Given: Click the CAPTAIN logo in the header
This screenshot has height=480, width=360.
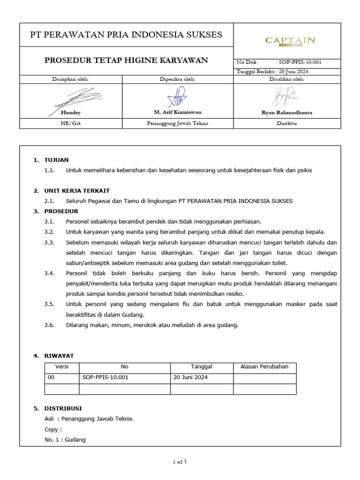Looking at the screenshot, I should click(x=290, y=41).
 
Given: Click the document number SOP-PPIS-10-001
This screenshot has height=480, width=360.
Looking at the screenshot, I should click(x=299, y=62).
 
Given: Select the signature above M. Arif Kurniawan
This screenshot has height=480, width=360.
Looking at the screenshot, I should click(x=177, y=97).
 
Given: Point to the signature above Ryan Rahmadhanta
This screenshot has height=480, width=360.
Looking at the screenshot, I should click(x=284, y=97).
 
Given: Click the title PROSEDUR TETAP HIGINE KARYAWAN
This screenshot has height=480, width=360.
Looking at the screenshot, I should click(x=126, y=60).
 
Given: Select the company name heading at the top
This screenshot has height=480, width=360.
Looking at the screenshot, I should click(x=126, y=35).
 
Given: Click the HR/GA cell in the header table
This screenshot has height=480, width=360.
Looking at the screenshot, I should click(x=71, y=123).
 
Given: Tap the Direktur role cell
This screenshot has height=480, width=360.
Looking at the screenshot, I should click(x=287, y=123).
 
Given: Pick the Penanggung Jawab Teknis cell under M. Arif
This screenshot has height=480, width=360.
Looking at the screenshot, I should click(x=177, y=123).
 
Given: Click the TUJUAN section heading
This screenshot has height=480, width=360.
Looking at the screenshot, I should click(x=56, y=160).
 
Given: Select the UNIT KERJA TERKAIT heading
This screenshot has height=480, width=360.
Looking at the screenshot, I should click(x=77, y=191).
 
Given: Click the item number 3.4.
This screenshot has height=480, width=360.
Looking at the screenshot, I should click(x=49, y=273).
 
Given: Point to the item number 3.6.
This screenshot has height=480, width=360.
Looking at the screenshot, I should click(x=49, y=325).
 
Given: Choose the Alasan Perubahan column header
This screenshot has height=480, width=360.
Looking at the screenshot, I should click(x=264, y=367).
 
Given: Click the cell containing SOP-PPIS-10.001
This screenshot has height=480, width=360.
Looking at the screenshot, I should click(x=105, y=377).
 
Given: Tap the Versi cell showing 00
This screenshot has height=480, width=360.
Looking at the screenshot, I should click(x=52, y=377).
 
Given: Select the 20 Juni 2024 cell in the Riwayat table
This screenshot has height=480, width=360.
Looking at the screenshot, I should click(x=190, y=377).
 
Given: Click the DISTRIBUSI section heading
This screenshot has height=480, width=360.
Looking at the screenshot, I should click(x=63, y=408).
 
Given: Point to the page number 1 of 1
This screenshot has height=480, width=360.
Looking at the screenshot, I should click(x=180, y=462).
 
